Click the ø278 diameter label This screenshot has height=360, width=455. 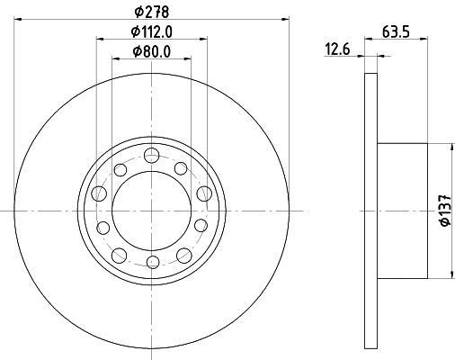pos(152,12)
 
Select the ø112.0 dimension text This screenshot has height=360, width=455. pos(152,31)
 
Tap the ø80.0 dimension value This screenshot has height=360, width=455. pos(152,51)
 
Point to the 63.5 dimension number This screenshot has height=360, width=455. pos(396,31)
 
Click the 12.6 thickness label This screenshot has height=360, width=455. pos(337,49)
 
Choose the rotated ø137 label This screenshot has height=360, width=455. pos(444,211)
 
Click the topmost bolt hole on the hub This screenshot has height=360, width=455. pos(151,155)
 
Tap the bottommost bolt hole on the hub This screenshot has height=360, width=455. pos(153,262)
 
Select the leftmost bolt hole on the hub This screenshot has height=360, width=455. pos(99,193)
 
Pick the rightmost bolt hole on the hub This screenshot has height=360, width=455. pos(204,193)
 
